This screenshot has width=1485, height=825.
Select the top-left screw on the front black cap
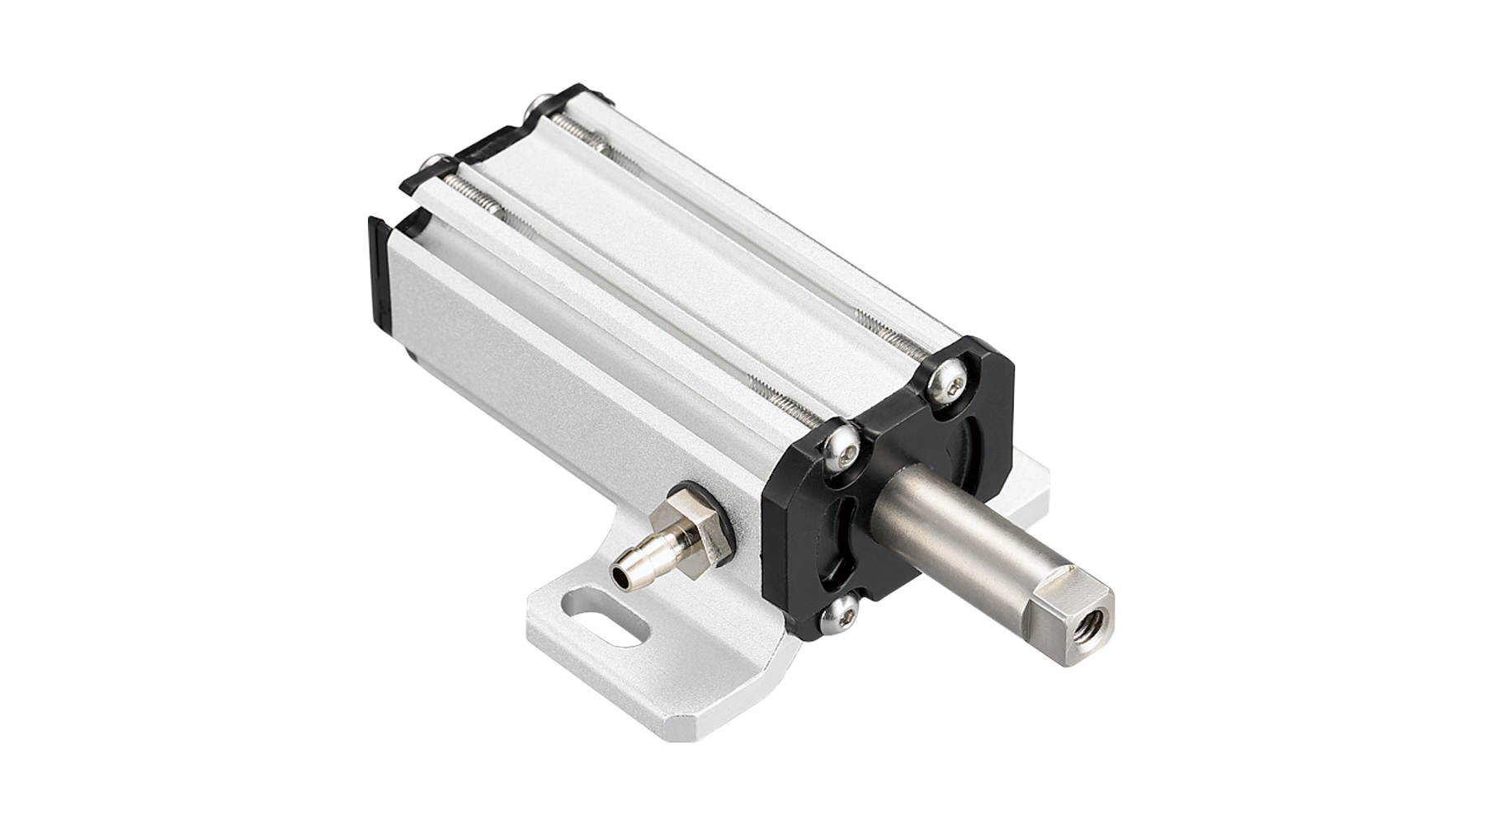[x=841, y=445]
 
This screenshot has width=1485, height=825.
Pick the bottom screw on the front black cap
[x=842, y=614]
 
